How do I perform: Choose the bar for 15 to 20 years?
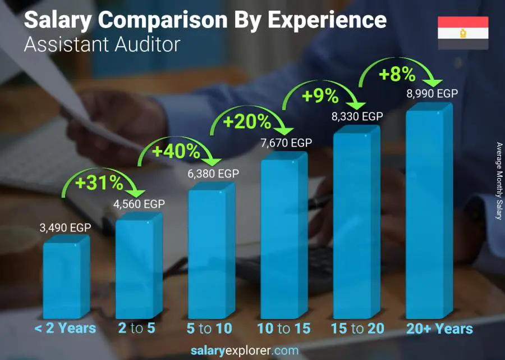pos(353,225)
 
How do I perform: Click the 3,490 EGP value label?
pos(65,228)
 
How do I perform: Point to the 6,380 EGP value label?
pos(213,174)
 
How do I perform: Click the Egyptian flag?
pos(463,33)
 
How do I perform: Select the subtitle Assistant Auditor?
pos(102,44)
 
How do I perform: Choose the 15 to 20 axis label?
pos(357,329)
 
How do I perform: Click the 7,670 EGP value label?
pos(286,143)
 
